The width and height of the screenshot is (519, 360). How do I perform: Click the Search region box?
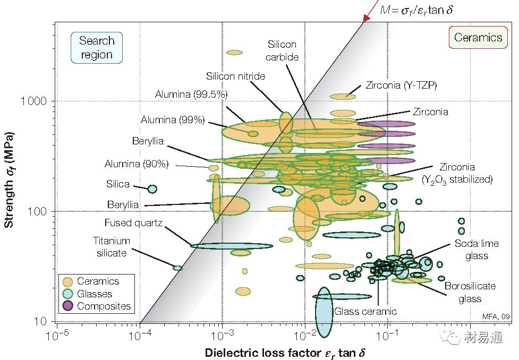pyautogui.click(x=96, y=48)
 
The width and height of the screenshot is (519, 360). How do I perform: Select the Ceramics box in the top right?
pyautogui.click(x=478, y=37)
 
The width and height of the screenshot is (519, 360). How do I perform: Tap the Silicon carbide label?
pyautogui.click(x=282, y=50)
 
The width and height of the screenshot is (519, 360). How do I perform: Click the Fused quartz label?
pyautogui.click(x=125, y=222)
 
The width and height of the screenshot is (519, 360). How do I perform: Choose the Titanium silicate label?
pyautogui.click(x=112, y=247)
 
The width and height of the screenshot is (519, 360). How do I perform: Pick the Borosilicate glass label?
pyautogui.click(x=470, y=292)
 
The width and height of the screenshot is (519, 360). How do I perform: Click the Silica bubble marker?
pyautogui.click(x=152, y=188)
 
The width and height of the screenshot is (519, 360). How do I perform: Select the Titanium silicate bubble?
pyautogui.click(x=177, y=268)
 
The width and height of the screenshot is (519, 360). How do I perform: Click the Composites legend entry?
pyautogui.click(x=104, y=306)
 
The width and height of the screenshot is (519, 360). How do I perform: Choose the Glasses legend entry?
pyautogui.click(x=95, y=294)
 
